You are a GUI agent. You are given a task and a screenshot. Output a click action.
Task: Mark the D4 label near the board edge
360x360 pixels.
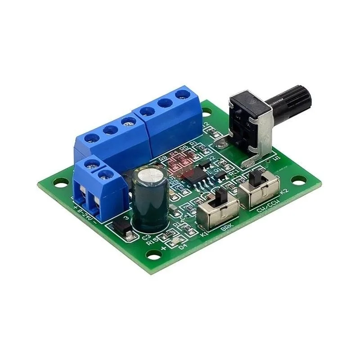183,246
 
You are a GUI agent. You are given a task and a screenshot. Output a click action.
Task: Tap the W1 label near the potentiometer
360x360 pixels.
275,158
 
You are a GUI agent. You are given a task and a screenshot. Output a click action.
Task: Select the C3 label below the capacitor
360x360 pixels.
146,235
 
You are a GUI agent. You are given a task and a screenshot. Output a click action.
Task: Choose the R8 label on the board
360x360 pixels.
163,158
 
